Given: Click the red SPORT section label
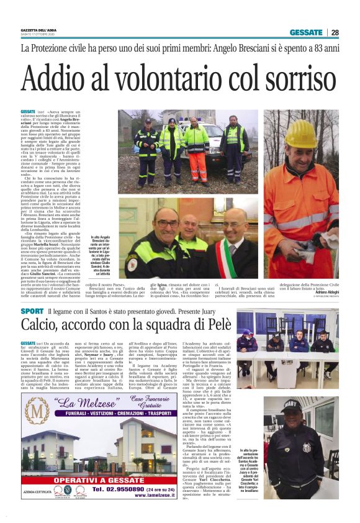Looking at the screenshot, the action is point(32,310).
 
